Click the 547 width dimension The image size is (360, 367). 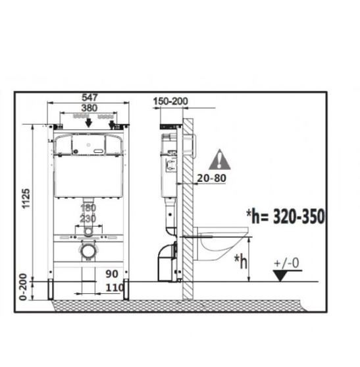(x=90, y=98)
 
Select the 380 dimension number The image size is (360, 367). (x=90, y=108)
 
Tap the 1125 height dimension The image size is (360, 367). (x=26, y=198)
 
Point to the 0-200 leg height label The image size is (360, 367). (x=24, y=287)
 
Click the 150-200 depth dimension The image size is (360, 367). (x=170, y=101)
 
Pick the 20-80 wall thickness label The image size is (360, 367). (x=212, y=178)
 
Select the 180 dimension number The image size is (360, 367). (x=88, y=208)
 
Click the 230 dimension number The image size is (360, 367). (x=88, y=219)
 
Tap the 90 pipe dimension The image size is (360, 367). (x=112, y=274)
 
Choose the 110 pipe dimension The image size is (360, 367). (x=115, y=288)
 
